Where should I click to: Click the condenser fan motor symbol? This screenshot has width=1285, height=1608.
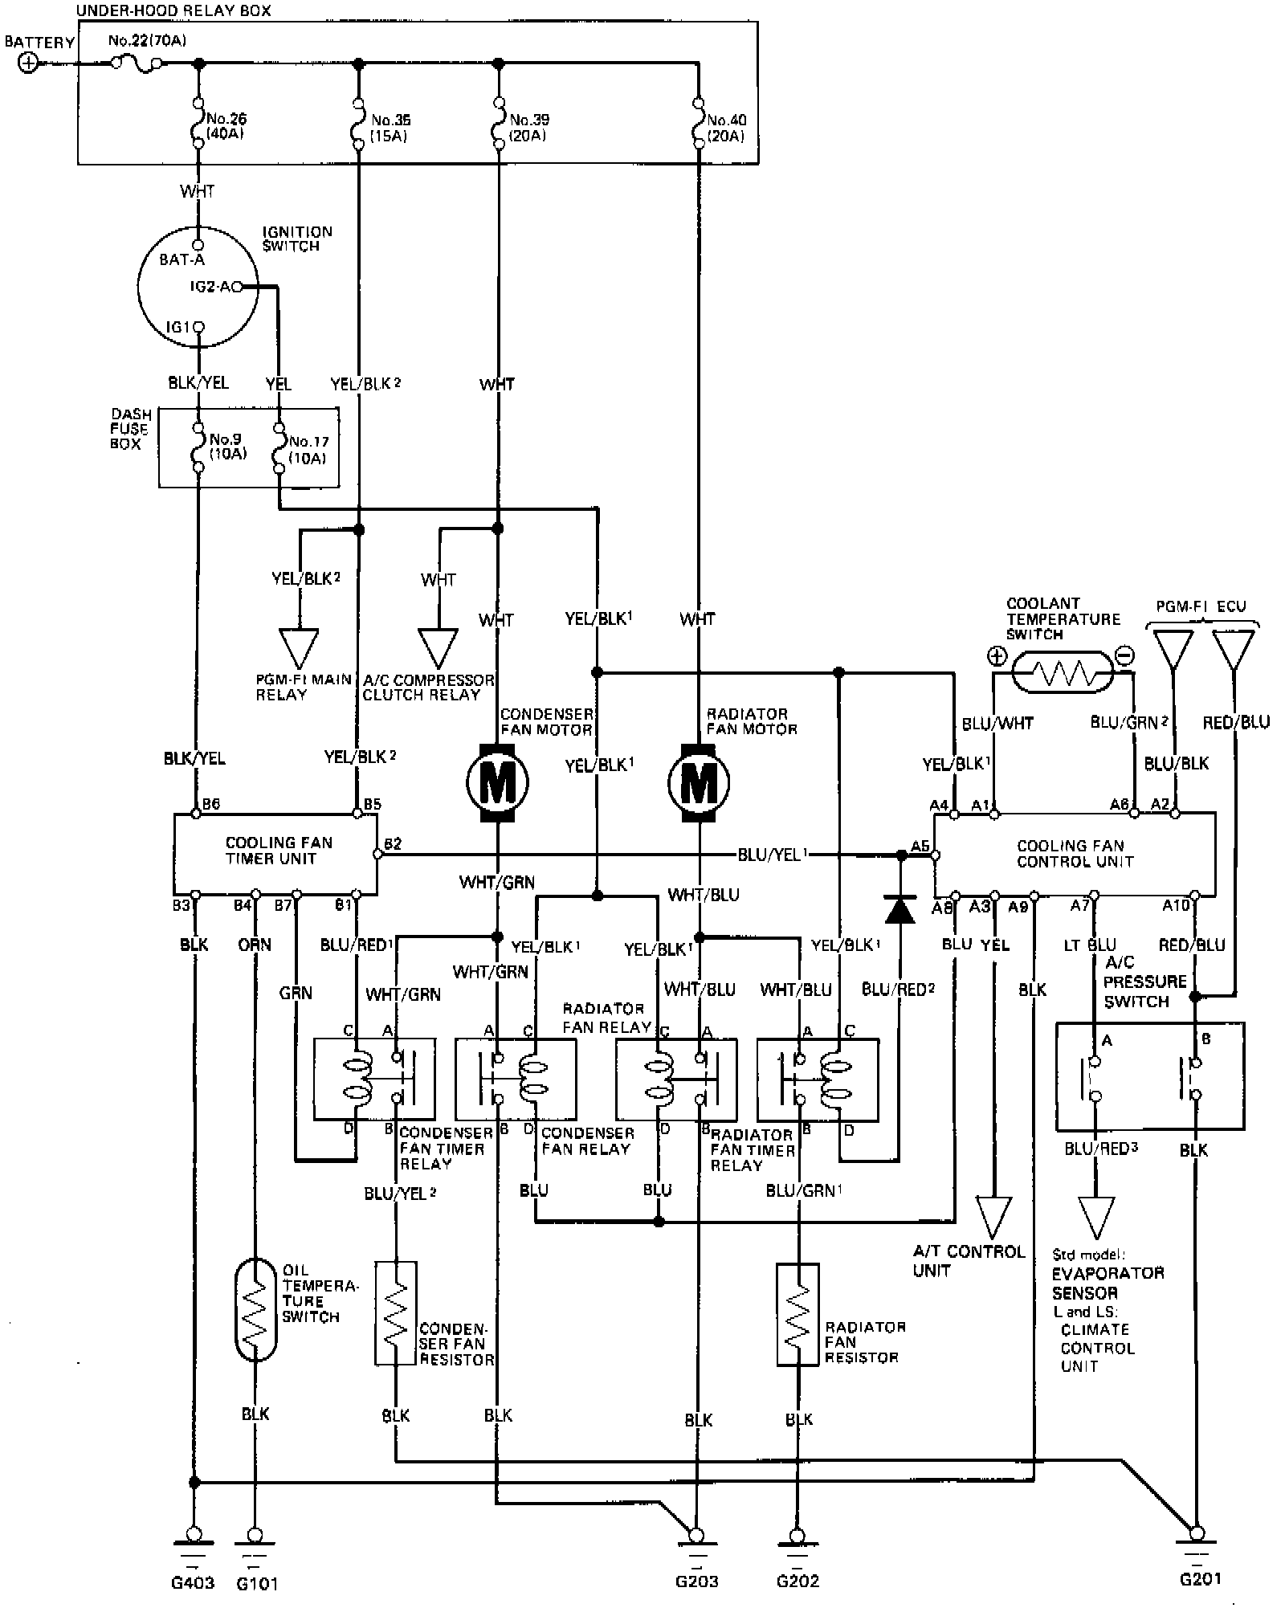pos(497,782)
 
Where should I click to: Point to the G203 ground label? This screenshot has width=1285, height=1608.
pos(696,1581)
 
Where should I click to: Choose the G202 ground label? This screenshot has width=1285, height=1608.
pos(798,1581)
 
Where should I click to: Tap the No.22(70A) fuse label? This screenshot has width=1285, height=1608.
pos(147,40)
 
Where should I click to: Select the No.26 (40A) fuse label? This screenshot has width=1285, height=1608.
pos(226,127)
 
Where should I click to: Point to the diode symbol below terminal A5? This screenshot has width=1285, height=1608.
pos(899,909)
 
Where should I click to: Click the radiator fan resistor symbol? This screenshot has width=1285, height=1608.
pos(798,1315)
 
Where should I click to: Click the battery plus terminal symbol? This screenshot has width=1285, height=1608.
pos(28,63)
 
